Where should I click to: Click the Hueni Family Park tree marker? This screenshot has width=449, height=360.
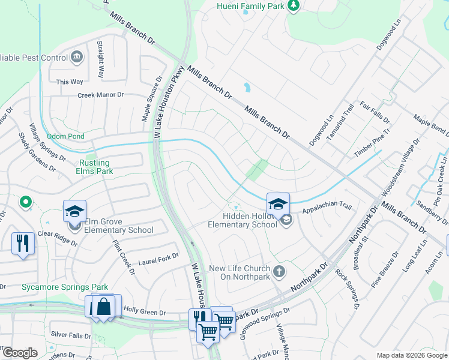point(294,6)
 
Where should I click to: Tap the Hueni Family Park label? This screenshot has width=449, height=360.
point(251,7)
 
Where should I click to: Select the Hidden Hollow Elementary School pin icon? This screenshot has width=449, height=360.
point(278,205)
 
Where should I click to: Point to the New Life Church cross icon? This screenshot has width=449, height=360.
point(279,272)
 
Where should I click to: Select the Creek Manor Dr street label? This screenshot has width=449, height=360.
point(100,95)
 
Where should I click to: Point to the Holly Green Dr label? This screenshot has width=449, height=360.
point(144,311)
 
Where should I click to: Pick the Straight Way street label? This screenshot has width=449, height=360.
point(101,60)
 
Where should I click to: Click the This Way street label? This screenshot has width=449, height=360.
point(69,82)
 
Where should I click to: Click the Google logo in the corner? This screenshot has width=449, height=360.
point(20,352)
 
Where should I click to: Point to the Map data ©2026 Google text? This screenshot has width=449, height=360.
point(411,355)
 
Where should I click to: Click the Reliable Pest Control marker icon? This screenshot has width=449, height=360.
point(77,58)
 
